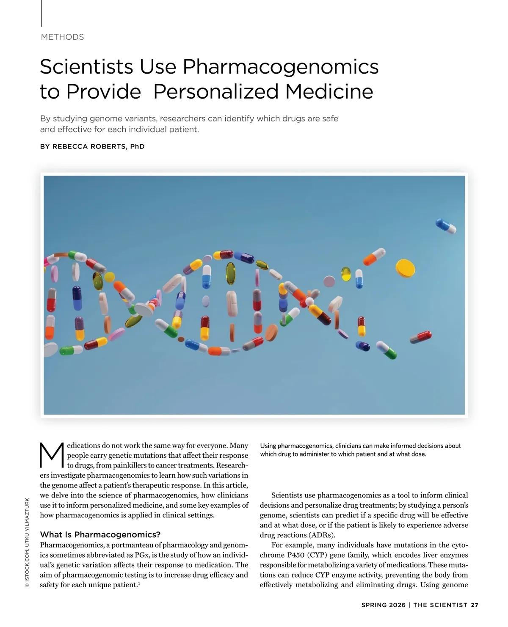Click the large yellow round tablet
(405, 268)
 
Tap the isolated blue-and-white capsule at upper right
(446, 225)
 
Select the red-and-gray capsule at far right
(420, 337)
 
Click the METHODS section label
(62, 37)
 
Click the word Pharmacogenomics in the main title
(280, 66)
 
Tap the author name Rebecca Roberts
(89, 146)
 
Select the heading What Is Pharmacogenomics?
(100, 534)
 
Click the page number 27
(475, 605)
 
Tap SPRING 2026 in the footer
(383, 605)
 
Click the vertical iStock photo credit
(27, 542)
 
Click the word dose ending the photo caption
(417, 454)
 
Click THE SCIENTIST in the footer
(440, 605)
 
